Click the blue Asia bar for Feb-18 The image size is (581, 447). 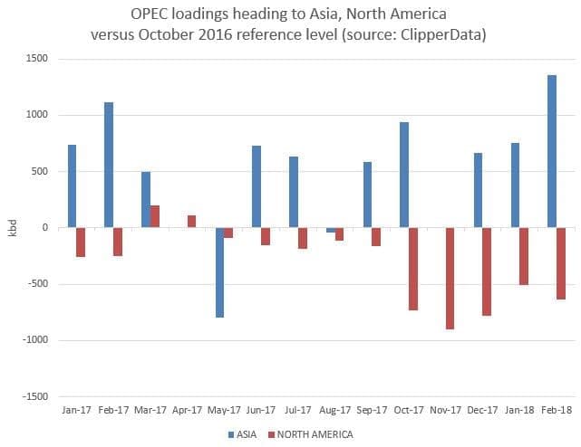552,151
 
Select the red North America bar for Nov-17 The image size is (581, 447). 450,279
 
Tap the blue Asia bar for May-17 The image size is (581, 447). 219,272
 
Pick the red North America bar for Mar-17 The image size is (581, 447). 155,216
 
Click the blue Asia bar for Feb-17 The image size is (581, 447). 109,165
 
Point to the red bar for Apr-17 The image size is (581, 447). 192,222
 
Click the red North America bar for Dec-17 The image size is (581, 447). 487,271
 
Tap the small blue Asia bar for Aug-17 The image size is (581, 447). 331,230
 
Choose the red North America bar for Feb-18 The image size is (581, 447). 561,263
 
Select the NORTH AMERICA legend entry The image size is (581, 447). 313,434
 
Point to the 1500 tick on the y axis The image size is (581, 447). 36,59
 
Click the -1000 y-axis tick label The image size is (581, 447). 34,340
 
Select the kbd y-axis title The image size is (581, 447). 12,228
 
